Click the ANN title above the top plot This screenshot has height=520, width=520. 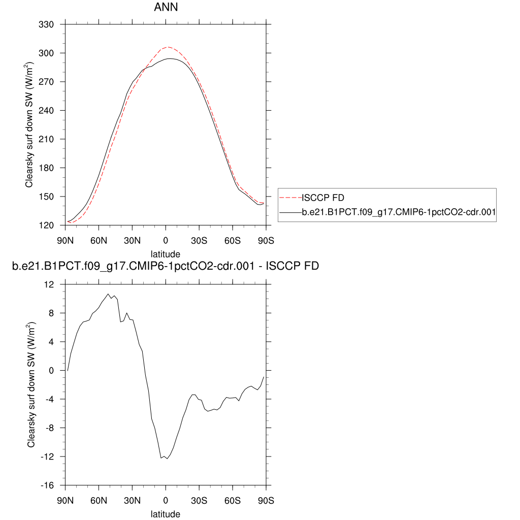click(166, 8)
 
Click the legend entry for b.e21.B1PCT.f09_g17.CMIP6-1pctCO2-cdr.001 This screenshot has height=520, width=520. click(398, 213)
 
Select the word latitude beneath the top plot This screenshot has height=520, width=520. click(166, 253)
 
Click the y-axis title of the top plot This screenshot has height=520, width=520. click(30, 125)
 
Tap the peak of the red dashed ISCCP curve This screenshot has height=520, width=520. click(169, 47)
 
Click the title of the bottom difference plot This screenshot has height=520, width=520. click(166, 266)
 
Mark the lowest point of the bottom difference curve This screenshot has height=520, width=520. click(166, 459)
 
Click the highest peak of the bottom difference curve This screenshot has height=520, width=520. click(108, 294)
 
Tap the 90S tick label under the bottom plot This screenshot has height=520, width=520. click(266, 500)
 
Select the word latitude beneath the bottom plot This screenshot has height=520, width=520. click(166, 514)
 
